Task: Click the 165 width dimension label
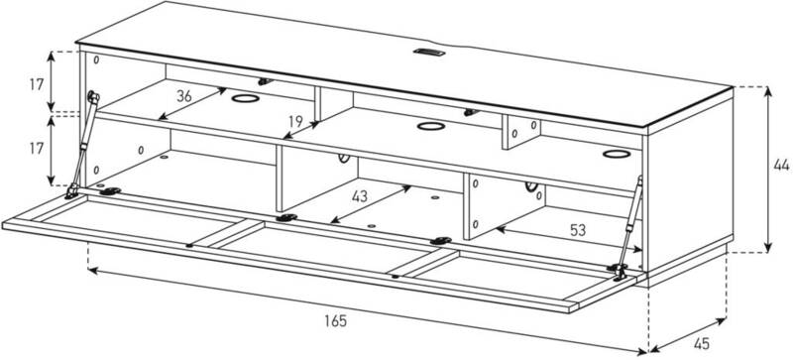(x=335, y=321)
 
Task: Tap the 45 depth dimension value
(x=701, y=344)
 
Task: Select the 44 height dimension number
(x=781, y=165)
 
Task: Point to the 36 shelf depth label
(x=184, y=96)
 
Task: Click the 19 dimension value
(x=295, y=121)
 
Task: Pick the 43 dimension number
(x=360, y=196)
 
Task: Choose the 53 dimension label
(x=578, y=230)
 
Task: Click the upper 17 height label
(x=37, y=84)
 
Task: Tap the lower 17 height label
(x=37, y=149)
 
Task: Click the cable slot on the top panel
(x=429, y=52)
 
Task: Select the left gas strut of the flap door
(x=82, y=145)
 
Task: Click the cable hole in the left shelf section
(x=245, y=98)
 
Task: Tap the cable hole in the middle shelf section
(x=431, y=126)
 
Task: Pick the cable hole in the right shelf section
(x=617, y=154)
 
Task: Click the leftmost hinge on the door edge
(x=110, y=191)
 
